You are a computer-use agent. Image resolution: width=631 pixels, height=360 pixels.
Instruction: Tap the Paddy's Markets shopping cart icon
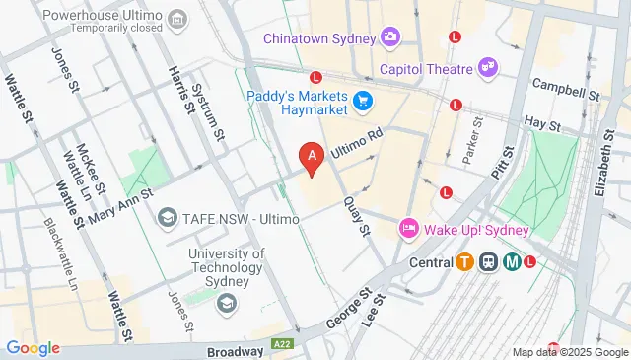click(363, 100)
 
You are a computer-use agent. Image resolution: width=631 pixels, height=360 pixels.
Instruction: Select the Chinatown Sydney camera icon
click(390, 37)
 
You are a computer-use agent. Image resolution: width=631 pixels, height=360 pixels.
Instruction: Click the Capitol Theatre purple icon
click(487, 67)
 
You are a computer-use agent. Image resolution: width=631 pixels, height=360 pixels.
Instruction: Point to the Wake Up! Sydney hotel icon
click(408, 229)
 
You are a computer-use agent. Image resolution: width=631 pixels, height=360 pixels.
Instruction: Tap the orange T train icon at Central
click(464, 262)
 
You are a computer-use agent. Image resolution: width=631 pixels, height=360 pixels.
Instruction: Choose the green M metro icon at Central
click(512, 262)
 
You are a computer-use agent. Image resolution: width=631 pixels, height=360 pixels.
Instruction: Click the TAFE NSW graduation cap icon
click(167, 216)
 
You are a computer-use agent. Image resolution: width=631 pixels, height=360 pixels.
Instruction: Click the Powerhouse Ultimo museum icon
click(177, 17)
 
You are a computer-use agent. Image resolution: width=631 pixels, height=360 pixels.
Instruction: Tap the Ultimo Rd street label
click(357, 144)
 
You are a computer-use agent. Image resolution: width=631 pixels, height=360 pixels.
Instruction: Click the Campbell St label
click(566, 91)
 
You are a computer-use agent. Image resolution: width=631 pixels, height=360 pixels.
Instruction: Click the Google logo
click(33, 348)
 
